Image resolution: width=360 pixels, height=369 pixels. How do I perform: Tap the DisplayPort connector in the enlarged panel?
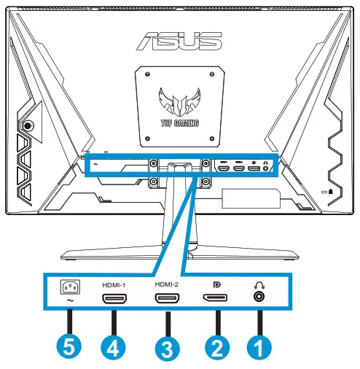click(x=215, y=298)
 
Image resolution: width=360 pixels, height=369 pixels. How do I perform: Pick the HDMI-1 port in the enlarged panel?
click(x=113, y=299)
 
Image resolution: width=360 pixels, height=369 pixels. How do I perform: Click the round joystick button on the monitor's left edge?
click(x=28, y=125)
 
